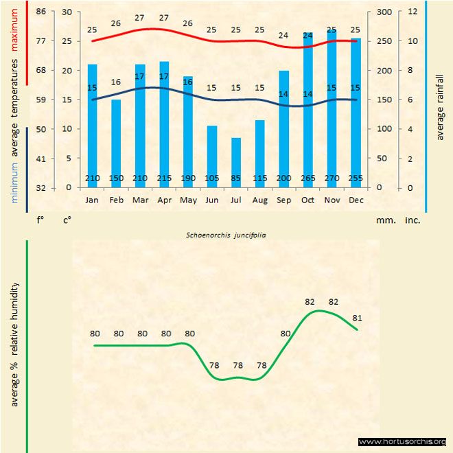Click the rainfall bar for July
236,163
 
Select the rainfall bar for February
116,143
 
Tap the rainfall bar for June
212,156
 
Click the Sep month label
283,200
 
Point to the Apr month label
164,200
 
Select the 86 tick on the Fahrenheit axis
40,12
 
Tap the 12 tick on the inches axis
412,12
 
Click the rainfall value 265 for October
307,179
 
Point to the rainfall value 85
236,179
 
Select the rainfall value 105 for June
212,179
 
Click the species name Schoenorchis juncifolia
226,235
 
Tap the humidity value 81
357,318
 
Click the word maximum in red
16,32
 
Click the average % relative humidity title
14,344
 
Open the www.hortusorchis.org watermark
402,442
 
